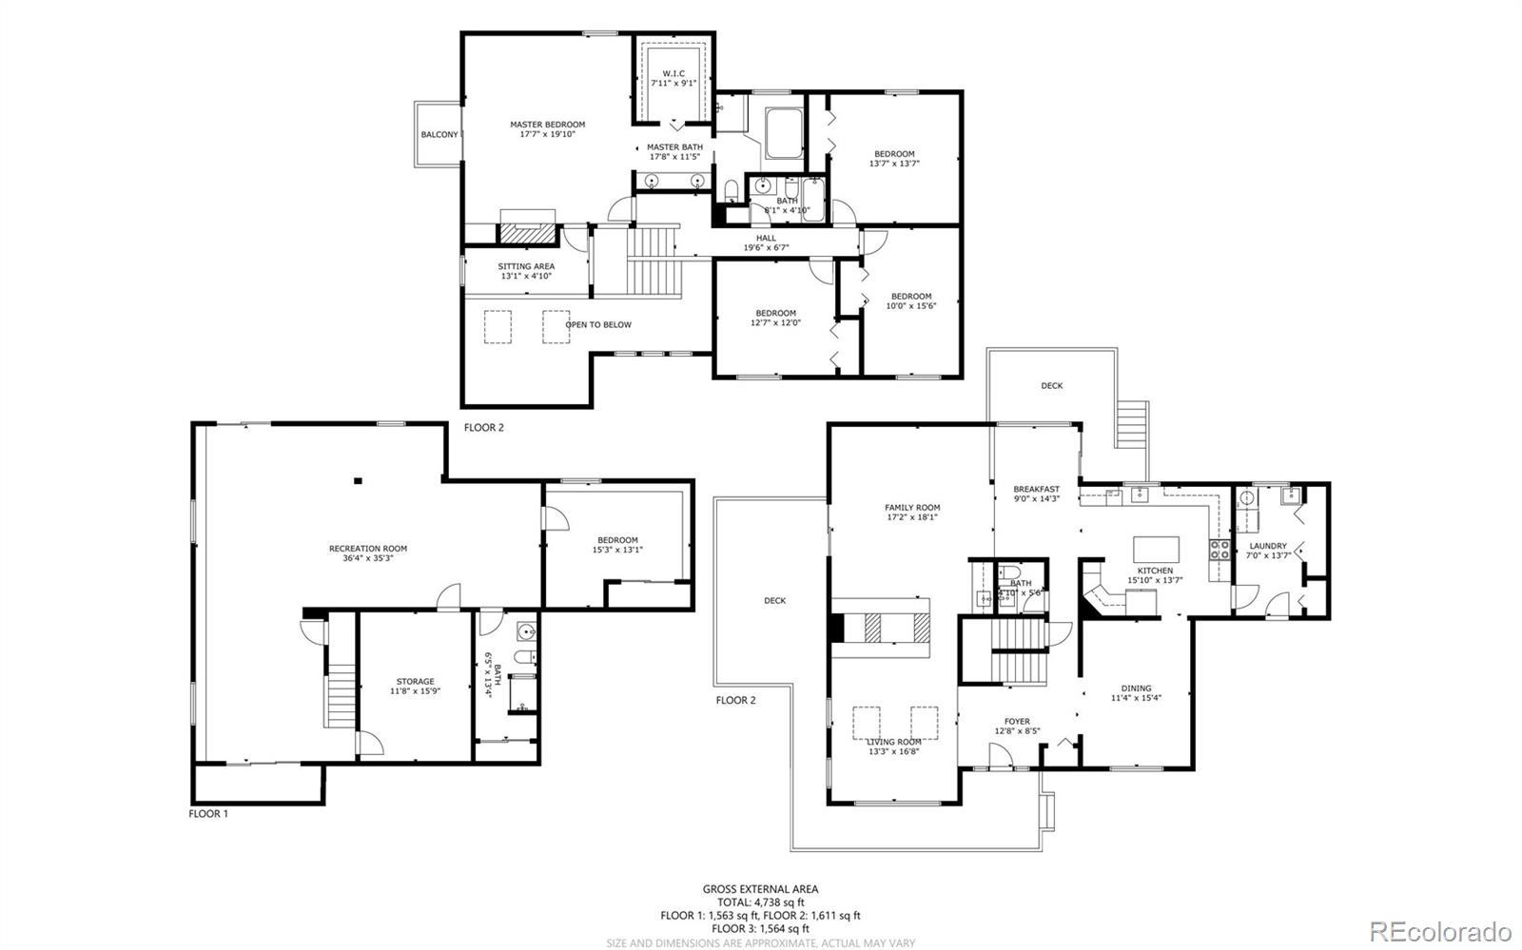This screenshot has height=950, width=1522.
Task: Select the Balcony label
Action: [439, 135]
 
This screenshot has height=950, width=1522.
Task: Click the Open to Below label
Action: [598, 325]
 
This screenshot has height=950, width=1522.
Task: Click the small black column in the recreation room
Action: [358, 481]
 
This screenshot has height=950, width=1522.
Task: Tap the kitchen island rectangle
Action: [1156, 550]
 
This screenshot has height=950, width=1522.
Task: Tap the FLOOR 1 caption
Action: [208, 814]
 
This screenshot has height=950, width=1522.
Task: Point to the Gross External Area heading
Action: [760, 889]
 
